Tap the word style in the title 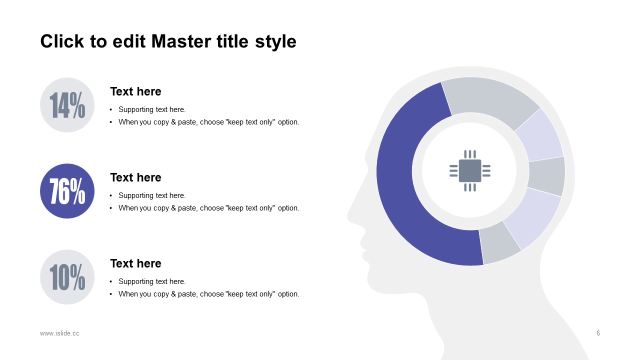[x=275, y=42]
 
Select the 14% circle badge [x=67, y=105]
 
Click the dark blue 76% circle [x=67, y=191]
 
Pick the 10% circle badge [x=67, y=277]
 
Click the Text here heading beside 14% [x=135, y=91]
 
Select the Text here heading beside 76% [x=135, y=177]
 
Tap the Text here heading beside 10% [x=135, y=263]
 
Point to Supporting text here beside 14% [x=152, y=109]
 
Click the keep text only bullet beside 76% [x=209, y=208]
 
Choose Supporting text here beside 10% [x=152, y=281]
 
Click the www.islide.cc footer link [x=59, y=333]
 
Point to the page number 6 [x=598, y=333]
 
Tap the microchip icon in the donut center [x=470, y=171]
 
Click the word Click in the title [x=62, y=41]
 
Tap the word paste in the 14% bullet [x=187, y=122]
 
